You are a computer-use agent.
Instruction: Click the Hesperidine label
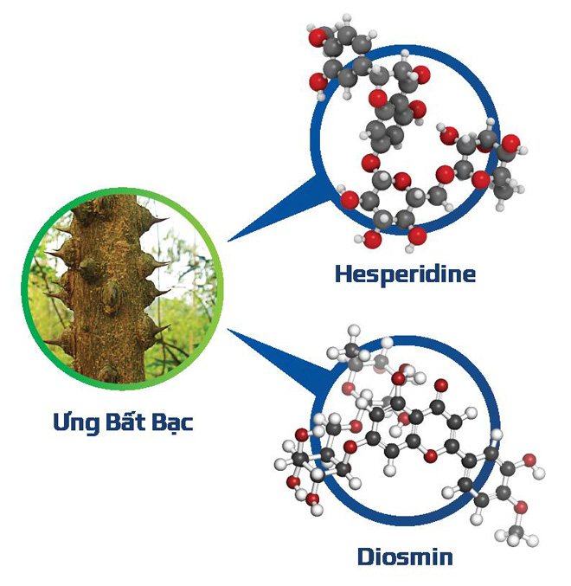click(405, 274)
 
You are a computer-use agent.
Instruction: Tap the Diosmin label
click(405, 555)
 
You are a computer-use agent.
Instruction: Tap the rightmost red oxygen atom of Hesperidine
click(510, 141)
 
